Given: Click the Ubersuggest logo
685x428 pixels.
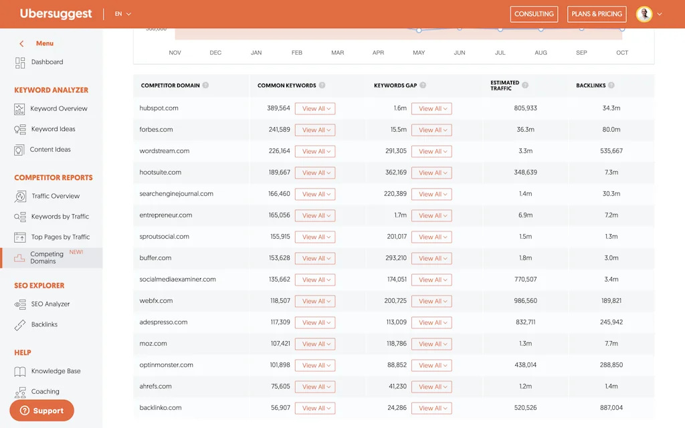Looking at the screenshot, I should (56, 14).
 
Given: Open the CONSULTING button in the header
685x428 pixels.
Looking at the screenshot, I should (534, 14).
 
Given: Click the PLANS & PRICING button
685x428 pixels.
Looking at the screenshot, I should (597, 14).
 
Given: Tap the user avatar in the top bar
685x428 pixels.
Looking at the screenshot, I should (644, 14).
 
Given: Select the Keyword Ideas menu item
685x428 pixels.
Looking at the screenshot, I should (53, 129).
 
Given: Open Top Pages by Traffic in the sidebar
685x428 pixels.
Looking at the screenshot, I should (60, 237).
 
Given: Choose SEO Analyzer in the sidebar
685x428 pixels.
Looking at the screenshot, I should (50, 304).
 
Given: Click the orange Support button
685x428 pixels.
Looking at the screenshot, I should (41, 411).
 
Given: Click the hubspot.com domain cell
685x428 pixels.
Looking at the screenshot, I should (159, 108).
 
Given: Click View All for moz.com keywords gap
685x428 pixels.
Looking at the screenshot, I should (431, 344).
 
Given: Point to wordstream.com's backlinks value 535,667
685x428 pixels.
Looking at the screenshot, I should (611, 151).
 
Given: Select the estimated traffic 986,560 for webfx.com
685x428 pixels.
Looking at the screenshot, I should (526, 301).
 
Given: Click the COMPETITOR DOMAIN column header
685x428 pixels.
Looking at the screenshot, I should (171, 86).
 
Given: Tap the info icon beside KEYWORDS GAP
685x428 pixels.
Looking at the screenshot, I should (423, 86).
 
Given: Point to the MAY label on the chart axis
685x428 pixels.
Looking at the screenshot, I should (419, 53).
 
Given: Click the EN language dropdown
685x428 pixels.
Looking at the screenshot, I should (123, 14).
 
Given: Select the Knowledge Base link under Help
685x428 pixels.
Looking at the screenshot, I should (56, 371).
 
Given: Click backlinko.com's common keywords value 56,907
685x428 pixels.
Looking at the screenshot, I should (280, 408).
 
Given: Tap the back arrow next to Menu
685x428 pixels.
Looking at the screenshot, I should (21, 43).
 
